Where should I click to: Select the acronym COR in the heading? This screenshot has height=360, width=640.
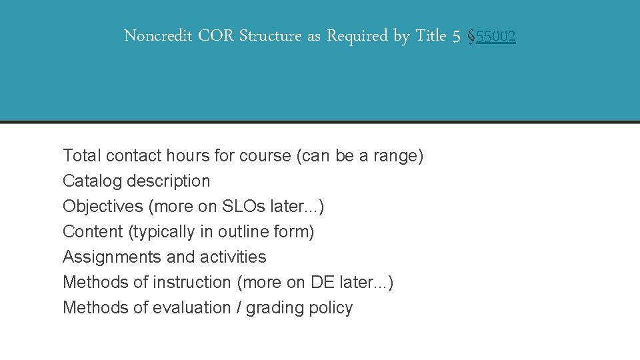pyautogui.click(x=216, y=36)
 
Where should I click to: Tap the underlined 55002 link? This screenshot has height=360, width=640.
pyautogui.click(x=495, y=37)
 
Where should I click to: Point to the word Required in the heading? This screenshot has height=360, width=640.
pyautogui.click(x=357, y=36)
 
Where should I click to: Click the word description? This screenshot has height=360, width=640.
pyautogui.click(x=169, y=181)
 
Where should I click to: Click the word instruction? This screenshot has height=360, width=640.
pyautogui.click(x=191, y=283)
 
